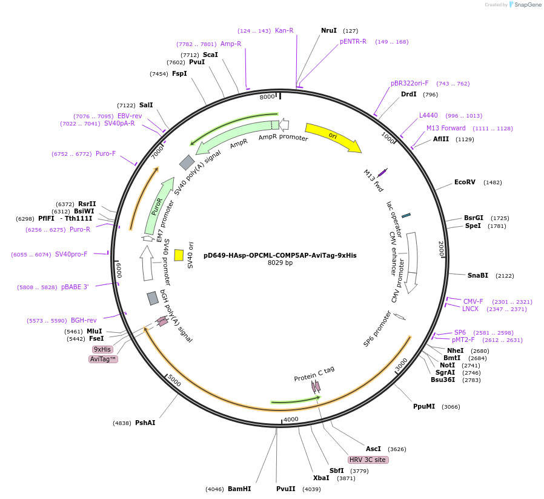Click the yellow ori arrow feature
[332, 136]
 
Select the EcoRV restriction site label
[465, 183]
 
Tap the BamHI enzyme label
[239, 489]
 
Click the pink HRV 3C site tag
[367, 460]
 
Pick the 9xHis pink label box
[102, 349]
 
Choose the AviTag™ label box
[103, 359]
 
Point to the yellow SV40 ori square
[179, 255]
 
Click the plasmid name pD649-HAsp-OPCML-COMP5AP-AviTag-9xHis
[280, 255]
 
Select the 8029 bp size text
[280, 263]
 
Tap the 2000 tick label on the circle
[441, 249]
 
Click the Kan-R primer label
[284, 30]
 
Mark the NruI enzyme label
[329, 30]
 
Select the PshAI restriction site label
[145, 423]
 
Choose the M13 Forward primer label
[446, 128]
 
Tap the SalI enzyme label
[146, 105]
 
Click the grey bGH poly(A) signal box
[153, 298]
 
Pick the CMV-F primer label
[473, 301]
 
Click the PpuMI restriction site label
[424, 406]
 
